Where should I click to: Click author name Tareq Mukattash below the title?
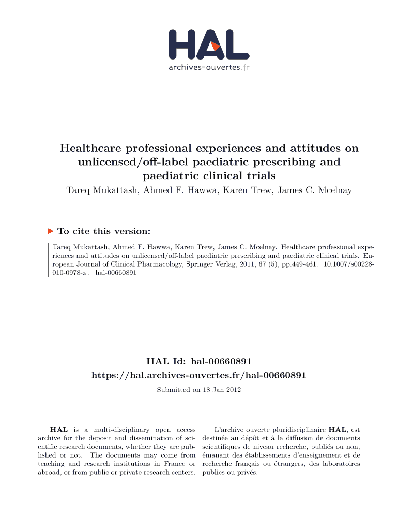tap(99, 190)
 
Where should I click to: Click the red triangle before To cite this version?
tap(51, 231)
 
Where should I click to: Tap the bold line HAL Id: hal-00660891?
tap(199, 360)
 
